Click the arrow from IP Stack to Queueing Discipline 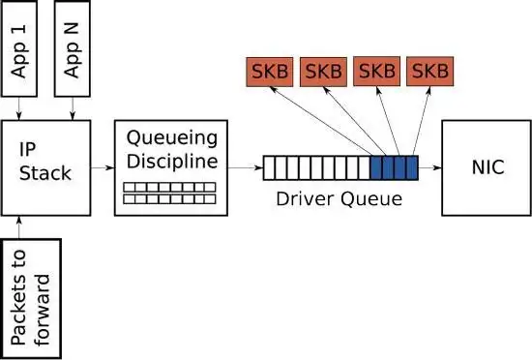103,168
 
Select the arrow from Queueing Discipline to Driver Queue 245,168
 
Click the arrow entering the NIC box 429,168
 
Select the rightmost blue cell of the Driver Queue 411,168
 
